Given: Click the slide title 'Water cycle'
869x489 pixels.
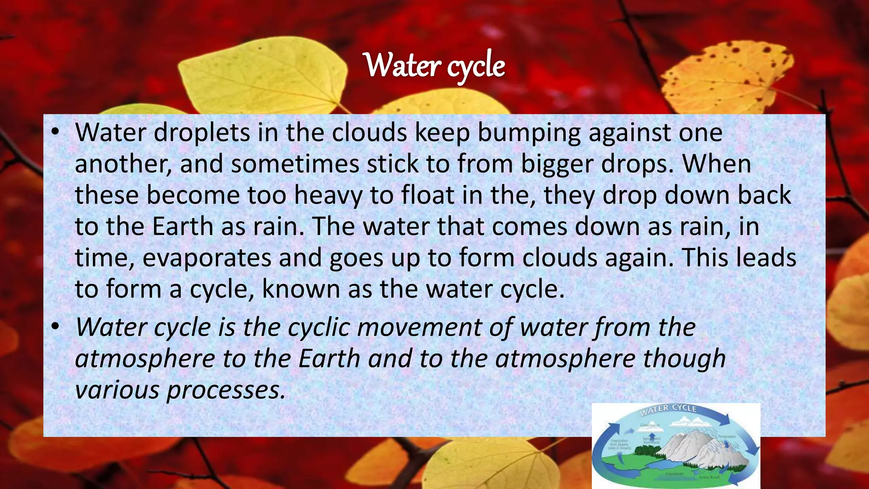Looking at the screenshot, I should (x=435, y=66).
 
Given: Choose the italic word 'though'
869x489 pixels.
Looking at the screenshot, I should (x=684, y=359).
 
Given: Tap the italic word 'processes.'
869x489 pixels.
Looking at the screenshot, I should (x=226, y=390).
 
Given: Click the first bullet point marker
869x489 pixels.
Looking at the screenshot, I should (x=55, y=132).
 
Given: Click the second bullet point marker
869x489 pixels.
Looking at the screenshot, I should (x=55, y=327).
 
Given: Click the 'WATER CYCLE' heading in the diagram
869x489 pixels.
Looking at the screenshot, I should (x=668, y=410).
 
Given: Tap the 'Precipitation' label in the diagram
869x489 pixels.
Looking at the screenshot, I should (x=726, y=436).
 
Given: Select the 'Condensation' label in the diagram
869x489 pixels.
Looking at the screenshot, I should (x=650, y=425).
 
